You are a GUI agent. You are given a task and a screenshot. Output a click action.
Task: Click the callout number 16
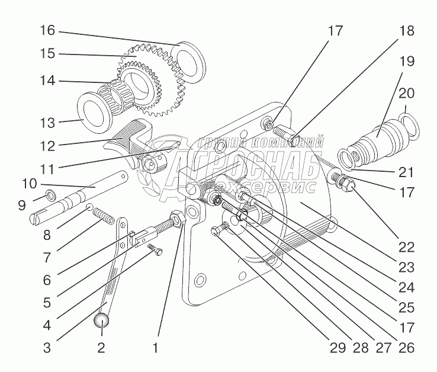click(x=47, y=30)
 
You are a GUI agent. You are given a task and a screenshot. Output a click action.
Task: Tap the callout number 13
click(x=47, y=123)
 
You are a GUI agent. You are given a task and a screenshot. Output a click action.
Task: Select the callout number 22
click(x=407, y=247)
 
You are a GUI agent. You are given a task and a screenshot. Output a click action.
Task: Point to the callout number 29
click(x=338, y=348)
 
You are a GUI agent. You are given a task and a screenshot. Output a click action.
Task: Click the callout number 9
click(x=22, y=206)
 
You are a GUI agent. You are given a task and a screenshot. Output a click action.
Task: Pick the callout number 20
click(x=407, y=93)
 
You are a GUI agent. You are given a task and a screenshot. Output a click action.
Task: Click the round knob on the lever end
click(x=101, y=320)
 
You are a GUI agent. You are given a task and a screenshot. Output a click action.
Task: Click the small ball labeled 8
click(x=89, y=207)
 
